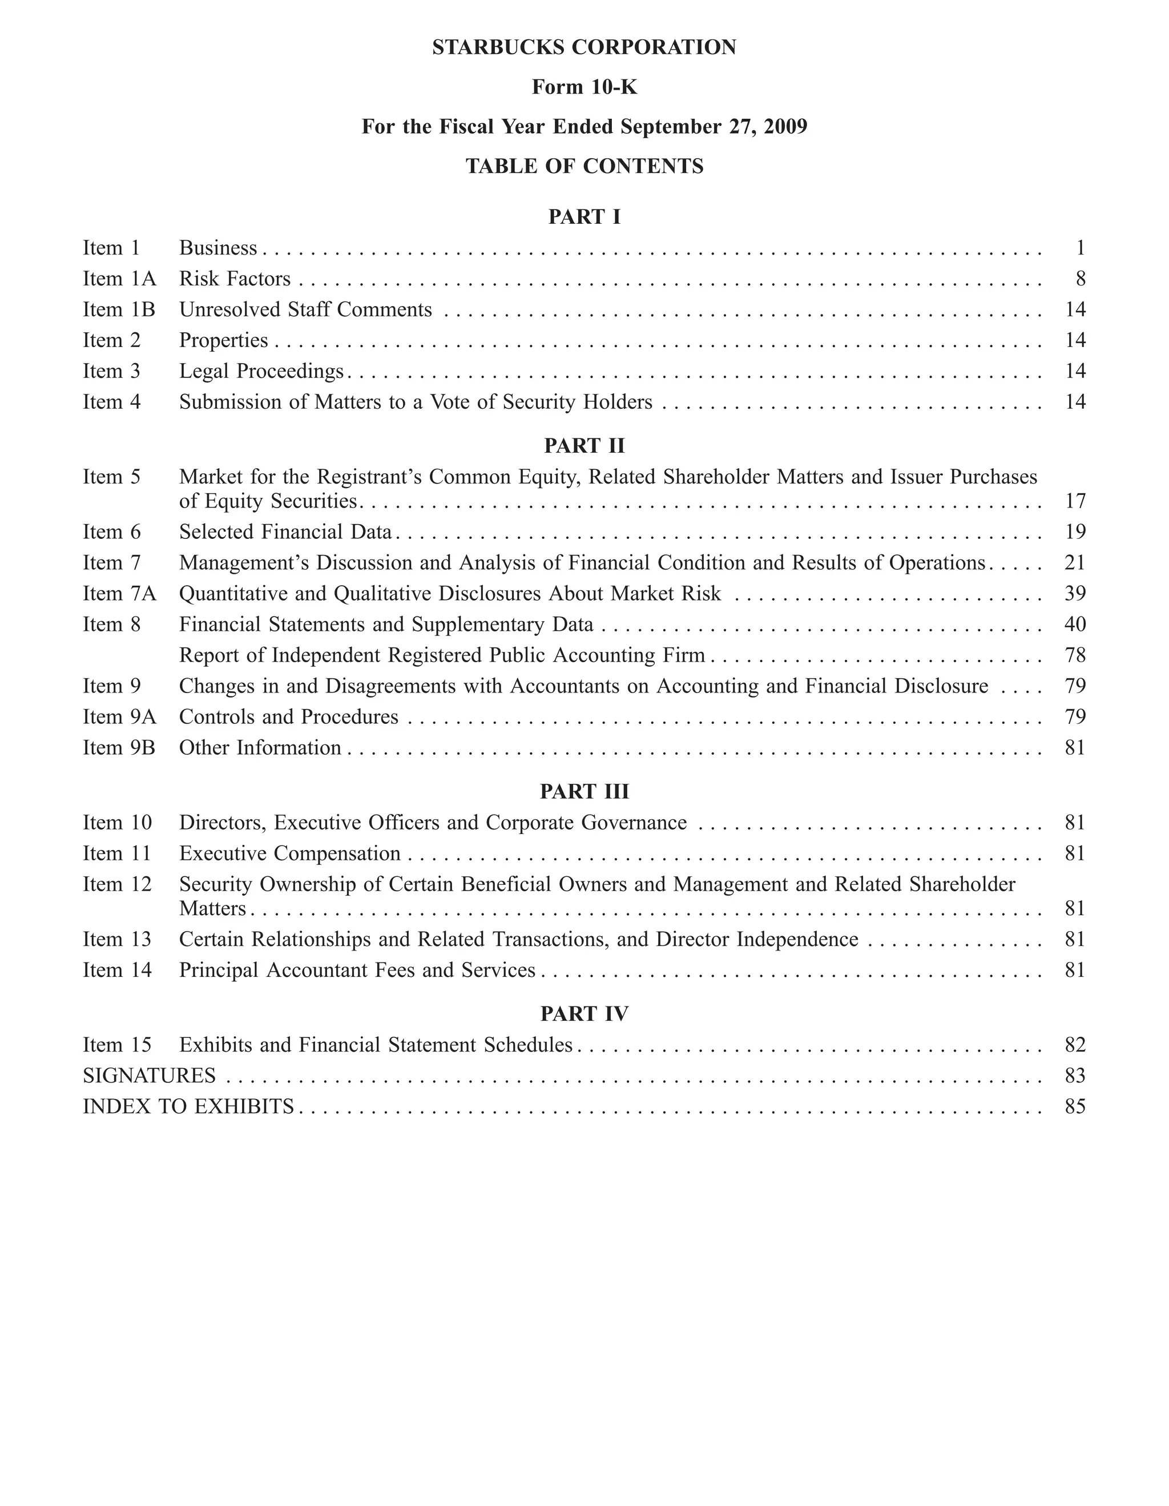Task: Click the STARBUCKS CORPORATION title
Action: click(584, 47)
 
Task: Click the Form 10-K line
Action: click(584, 87)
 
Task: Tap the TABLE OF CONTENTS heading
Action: click(584, 166)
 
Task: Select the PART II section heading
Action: click(584, 445)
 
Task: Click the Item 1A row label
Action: click(119, 279)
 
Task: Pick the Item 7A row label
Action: click(119, 593)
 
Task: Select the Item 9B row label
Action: click(119, 747)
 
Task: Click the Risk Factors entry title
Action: click(235, 279)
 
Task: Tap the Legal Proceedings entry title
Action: click(261, 371)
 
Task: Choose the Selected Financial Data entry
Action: click(285, 531)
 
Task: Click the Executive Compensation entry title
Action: click(289, 853)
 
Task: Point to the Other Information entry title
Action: click(260, 747)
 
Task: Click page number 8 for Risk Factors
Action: click(1080, 279)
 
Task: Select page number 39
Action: click(1075, 593)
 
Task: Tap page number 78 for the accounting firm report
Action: click(1075, 655)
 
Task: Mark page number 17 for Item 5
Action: click(1075, 501)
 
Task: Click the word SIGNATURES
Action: click(149, 1076)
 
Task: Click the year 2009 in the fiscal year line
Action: click(784, 127)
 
